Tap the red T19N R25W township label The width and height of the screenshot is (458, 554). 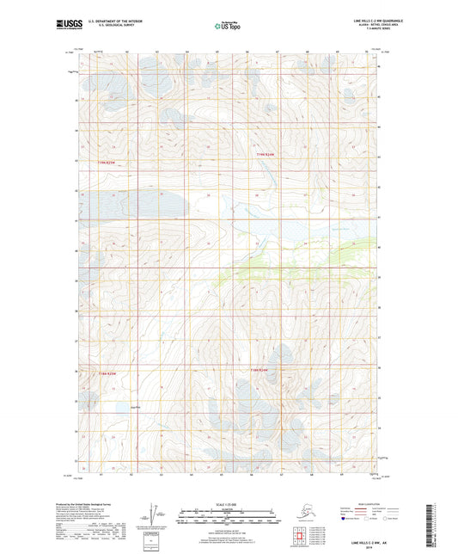[105, 162]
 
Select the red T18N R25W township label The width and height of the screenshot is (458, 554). [105, 372]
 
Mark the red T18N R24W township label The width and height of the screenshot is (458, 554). [261, 370]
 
